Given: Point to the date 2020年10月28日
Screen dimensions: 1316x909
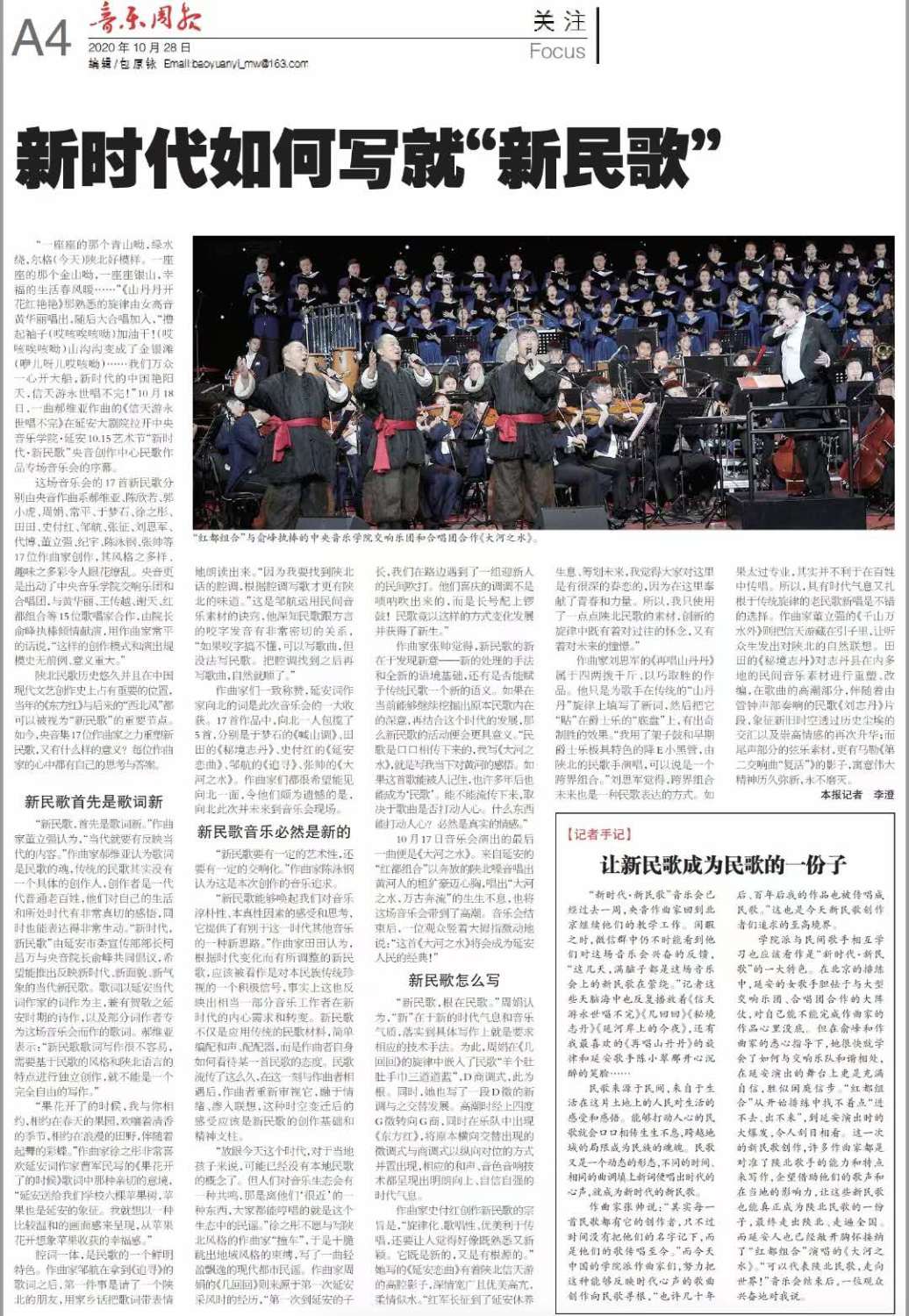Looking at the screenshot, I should [140, 47].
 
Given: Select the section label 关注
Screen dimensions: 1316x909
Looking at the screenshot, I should [558, 21].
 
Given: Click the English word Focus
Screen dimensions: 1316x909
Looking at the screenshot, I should [557, 51].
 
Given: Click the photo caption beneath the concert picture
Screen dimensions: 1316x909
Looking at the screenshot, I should [366, 537].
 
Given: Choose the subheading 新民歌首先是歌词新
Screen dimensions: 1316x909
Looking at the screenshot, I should [94, 801].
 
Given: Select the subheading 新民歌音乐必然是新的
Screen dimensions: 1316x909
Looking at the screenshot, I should [274, 832].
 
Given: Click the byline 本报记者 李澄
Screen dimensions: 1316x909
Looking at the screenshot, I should [857, 794].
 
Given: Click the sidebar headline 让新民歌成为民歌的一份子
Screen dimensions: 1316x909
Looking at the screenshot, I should [723, 865].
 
